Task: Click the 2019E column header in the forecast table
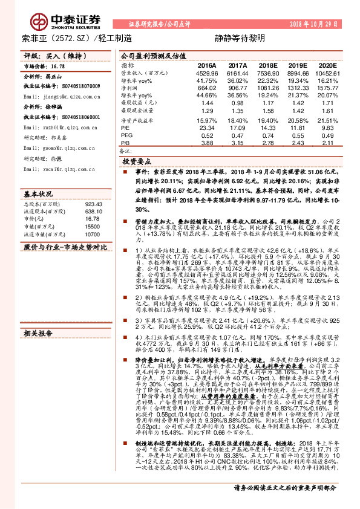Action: (298, 65)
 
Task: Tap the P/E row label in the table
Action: (125, 128)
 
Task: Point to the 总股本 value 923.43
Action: (90, 204)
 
